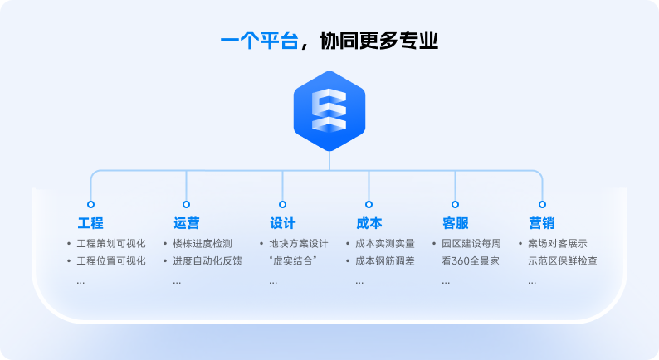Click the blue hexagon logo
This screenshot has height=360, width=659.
tap(329, 111)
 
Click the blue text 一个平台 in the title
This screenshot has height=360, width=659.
tap(259, 41)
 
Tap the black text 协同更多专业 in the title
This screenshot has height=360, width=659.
tap(379, 41)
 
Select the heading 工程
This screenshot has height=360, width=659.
tap(90, 223)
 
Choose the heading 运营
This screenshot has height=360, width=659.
tap(187, 223)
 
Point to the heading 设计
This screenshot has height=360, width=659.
tap(283, 223)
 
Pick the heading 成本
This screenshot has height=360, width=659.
tap(369, 223)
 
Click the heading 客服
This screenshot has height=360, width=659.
tap(456, 223)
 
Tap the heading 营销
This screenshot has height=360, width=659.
tap(542, 223)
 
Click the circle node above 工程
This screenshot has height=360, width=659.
tap(90, 205)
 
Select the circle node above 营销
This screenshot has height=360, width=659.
tap(542, 205)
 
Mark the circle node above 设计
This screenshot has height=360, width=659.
tap(282, 205)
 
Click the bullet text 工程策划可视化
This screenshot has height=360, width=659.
tap(111, 244)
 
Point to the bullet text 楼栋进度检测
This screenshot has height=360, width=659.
tap(203, 244)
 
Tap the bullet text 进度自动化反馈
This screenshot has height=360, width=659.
tap(207, 260)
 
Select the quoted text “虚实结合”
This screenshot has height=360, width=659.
tap(293, 260)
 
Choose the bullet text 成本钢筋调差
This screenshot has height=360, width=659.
tap(385, 260)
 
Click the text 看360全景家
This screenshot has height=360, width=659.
tap(471, 260)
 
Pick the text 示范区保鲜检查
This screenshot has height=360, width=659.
tap(563, 260)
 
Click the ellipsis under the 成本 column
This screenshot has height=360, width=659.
tap(359, 282)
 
